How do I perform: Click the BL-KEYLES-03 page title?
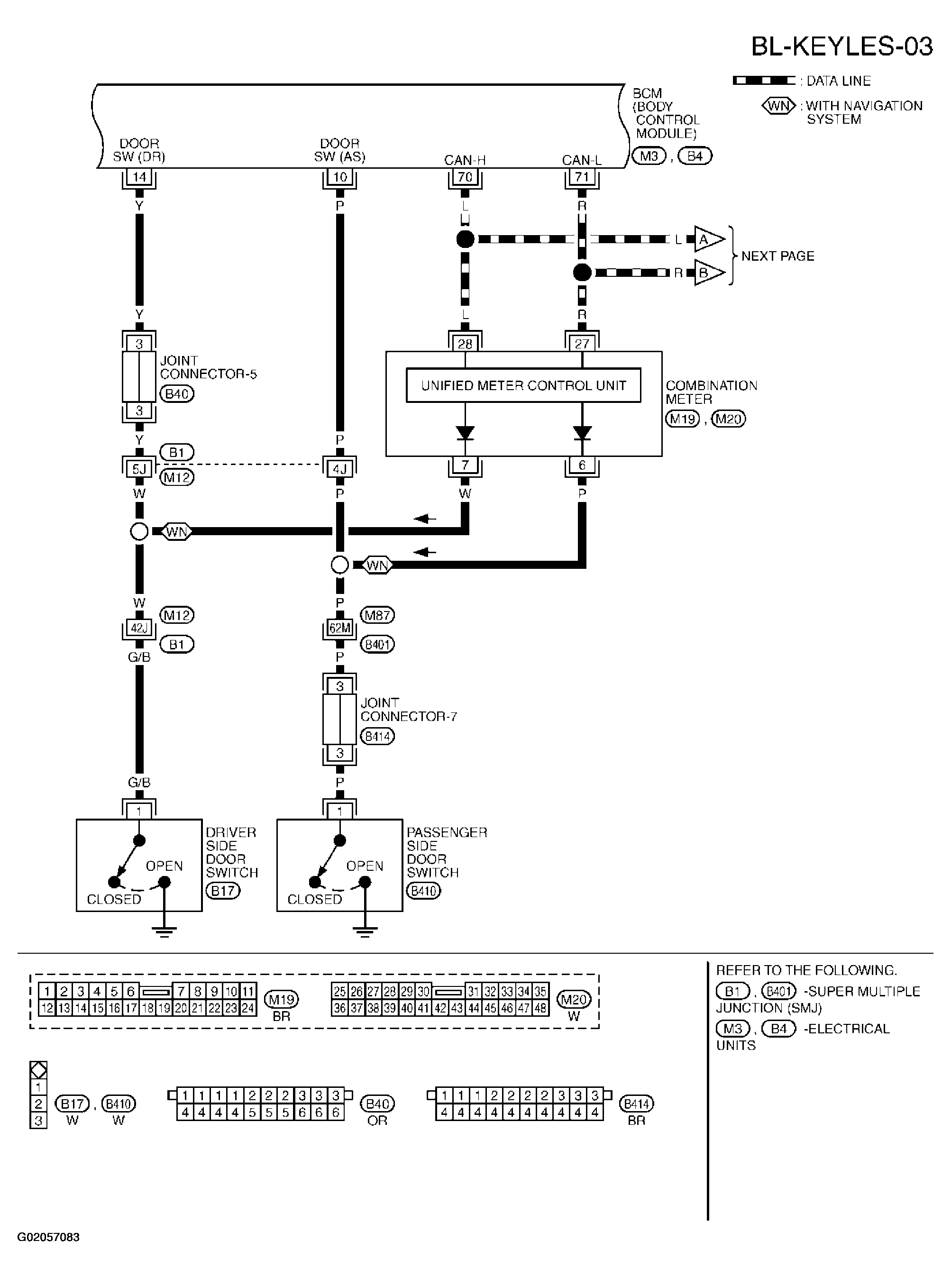(x=841, y=46)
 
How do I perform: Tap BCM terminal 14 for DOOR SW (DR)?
(x=139, y=177)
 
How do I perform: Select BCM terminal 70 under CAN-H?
(x=465, y=177)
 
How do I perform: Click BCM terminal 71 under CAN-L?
(x=582, y=177)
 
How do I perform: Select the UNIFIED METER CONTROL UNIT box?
(x=523, y=385)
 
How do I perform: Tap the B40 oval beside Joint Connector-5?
(x=177, y=394)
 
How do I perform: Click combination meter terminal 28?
(x=465, y=344)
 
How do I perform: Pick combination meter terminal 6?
(x=582, y=465)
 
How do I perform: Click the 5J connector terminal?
(x=139, y=469)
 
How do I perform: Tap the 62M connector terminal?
(x=339, y=629)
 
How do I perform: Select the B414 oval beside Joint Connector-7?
(x=377, y=737)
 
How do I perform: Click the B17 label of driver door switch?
(x=223, y=891)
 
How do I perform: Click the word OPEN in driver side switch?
(x=164, y=866)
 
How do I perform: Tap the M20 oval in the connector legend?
(x=574, y=1000)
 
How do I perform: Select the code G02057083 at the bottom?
(x=48, y=1237)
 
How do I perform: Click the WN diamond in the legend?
(x=778, y=106)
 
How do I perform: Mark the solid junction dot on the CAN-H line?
(x=465, y=239)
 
